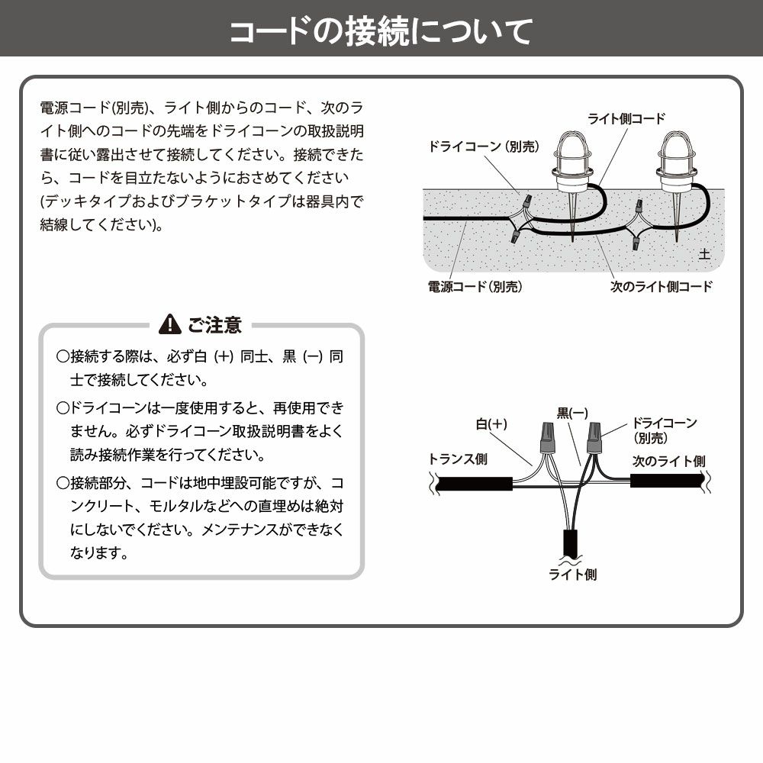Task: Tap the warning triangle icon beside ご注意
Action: (x=169, y=326)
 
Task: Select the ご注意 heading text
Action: (x=214, y=326)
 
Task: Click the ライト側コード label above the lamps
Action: (x=626, y=119)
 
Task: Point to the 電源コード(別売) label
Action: (x=476, y=287)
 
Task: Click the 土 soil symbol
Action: (x=703, y=254)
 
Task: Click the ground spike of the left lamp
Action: (x=571, y=217)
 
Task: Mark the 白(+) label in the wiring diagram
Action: (x=491, y=423)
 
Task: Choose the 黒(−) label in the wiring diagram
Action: (x=571, y=414)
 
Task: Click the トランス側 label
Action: (x=458, y=459)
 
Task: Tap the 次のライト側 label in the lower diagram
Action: (x=668, y=461)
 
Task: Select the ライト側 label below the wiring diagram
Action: (x=572, y=575)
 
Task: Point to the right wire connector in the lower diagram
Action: (x=594, y=437)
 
